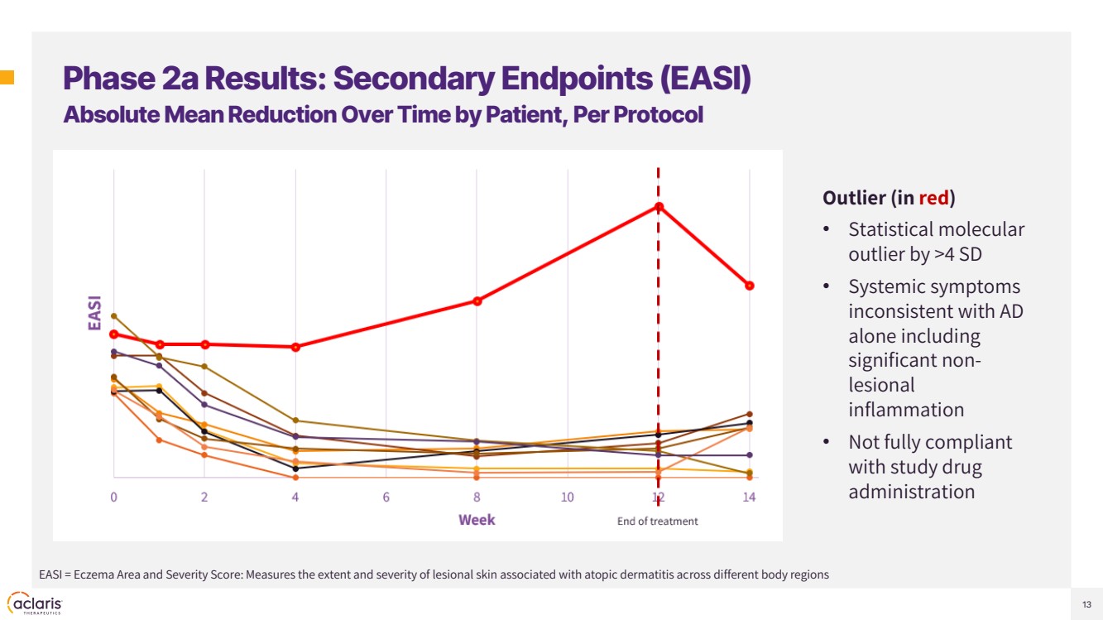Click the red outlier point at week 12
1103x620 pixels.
pos(659,206)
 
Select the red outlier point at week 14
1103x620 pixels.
pos(750,286)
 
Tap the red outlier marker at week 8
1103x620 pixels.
pos(477,300)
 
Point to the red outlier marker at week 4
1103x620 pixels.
pos(295,347)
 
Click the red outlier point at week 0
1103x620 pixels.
pos(114,334)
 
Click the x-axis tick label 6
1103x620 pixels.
pos(386,497)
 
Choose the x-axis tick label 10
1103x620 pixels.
pos(568,497)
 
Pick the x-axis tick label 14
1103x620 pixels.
pos(749,497)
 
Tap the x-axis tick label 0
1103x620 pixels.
pos(114,497)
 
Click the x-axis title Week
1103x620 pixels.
pos(477,520)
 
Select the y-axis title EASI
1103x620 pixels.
pos(95,313)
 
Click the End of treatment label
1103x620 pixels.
pos(658,521)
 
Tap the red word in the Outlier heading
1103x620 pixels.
pos(933,198)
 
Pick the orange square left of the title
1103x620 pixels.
pos(7,79)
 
